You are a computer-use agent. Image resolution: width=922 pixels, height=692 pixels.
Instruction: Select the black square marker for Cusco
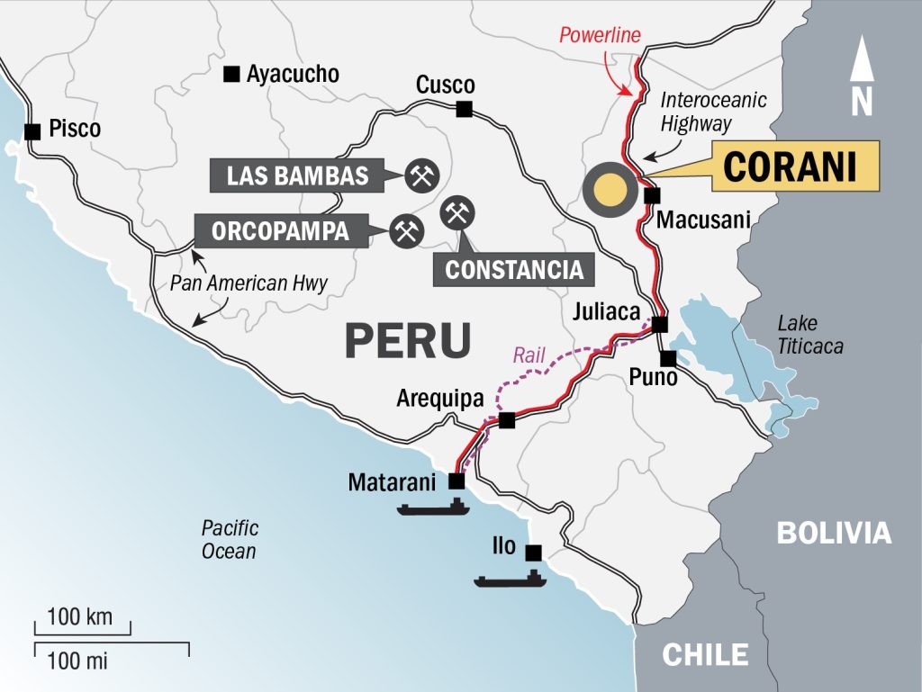coord(465,110)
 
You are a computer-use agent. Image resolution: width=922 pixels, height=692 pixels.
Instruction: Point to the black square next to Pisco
coord(33,131)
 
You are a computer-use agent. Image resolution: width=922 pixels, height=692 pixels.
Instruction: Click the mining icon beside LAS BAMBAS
coord(420,175)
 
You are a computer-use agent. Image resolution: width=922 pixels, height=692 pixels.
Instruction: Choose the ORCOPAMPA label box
coord(280,231)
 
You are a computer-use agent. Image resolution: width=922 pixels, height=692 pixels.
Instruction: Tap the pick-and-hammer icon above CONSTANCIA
coord(457,212)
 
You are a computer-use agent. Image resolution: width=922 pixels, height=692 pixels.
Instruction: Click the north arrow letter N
coord(862,102)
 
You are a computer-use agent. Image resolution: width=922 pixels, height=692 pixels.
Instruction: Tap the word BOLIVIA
coord(834,533)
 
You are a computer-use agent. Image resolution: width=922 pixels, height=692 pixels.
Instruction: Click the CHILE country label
coord(705,654)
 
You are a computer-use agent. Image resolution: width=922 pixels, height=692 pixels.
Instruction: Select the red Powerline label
coord(600,36)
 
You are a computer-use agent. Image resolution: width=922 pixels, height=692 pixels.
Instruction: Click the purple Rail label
coord(529,355)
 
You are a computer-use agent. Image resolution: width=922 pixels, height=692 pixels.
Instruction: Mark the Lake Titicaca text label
coord(810,335)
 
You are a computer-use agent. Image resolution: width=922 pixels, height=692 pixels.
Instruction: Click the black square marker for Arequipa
coord(507,419)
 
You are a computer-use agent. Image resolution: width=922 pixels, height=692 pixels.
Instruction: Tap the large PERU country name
coord(408,340)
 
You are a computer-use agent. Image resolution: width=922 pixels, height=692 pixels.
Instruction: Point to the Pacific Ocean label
coord(230,539)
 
